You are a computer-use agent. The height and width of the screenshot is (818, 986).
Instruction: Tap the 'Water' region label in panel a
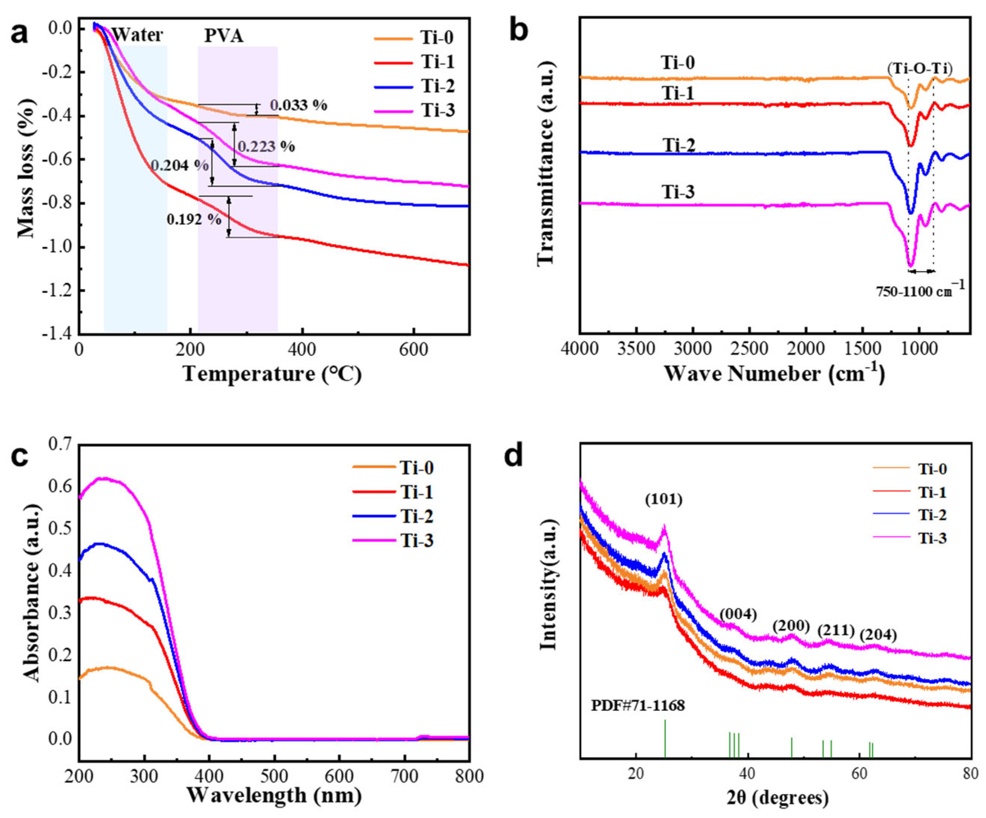click(x=138, y=35)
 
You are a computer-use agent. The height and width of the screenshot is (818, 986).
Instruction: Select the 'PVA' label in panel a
click(x=224, y=36)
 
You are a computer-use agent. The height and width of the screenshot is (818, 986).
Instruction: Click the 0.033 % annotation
click(x=299, y=105)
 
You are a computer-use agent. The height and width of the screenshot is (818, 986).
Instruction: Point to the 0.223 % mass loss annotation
click(x=266, y=147)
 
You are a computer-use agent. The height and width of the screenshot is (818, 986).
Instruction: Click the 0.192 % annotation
click(x=194, y=219)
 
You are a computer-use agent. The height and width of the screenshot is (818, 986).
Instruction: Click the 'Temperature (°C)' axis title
click(x=272, y=374)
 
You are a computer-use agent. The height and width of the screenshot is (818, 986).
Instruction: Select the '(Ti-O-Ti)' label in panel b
click(x=919, y=69)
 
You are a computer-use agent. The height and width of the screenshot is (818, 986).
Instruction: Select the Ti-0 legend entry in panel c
click(x=416, y=468)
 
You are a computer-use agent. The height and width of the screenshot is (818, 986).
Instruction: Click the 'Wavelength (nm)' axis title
click(x=274, y=795)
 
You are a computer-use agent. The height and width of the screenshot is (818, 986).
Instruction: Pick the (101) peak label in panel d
click(x=663, y=500)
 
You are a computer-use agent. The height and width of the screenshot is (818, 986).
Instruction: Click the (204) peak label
click(x=878, y=635)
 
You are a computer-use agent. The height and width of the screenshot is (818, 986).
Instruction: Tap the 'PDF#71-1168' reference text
click(x=637, y=706)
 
